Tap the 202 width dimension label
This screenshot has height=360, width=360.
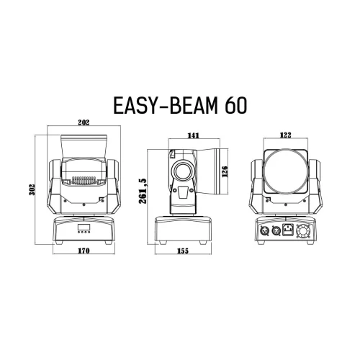click(x=83, y=124)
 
